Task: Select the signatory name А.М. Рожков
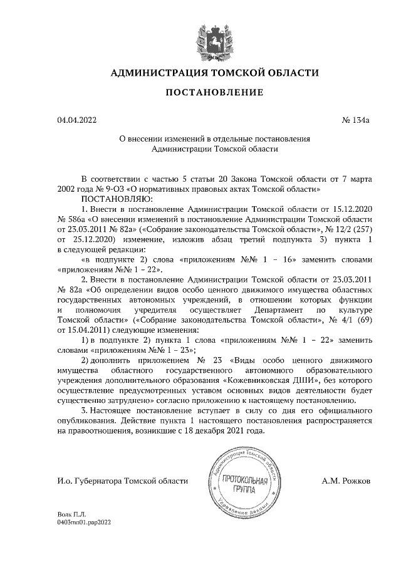click(x=346, y=481)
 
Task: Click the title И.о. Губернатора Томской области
click(x=122, y=481)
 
